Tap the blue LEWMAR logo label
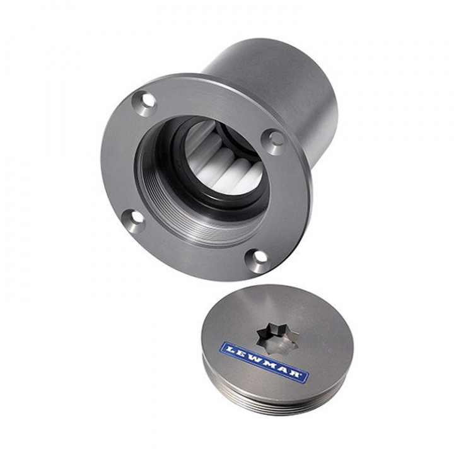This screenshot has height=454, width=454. click(264, 362)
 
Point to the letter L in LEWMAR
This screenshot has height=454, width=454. click(230, 349)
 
